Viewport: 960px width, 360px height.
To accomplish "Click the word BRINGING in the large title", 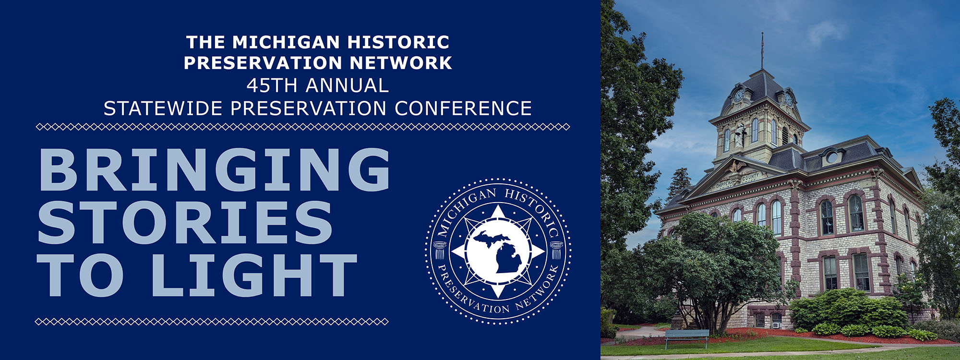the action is [214, 169].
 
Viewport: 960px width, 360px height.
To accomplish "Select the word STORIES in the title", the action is [185, 222].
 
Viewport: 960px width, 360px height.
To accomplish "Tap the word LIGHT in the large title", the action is [255, 275].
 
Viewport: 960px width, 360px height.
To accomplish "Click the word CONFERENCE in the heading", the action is [463, 108].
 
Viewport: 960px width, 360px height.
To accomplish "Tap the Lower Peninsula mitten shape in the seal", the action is [508, 257].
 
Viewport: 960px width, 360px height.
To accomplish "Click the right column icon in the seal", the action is [556, 250].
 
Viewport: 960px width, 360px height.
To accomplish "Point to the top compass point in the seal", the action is [498, 213].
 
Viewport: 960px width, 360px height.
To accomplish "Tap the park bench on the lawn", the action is [686, 338].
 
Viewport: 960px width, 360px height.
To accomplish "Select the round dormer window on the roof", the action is [832, 156].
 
